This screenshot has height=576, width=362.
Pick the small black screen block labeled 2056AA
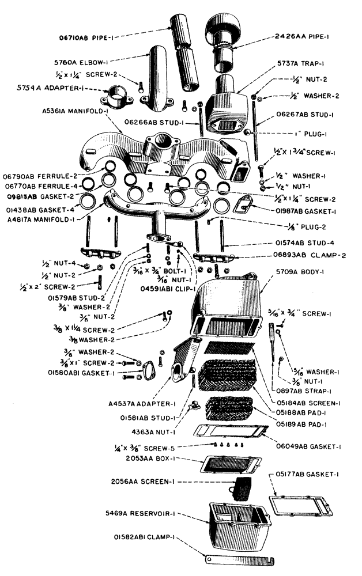click(x=240, y=488)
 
